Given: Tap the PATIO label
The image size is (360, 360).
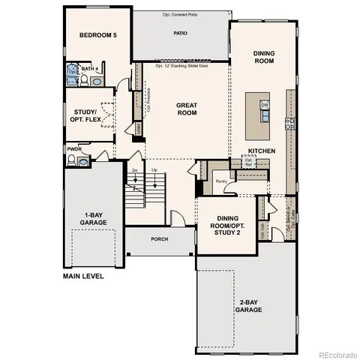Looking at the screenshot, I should coord(180,34).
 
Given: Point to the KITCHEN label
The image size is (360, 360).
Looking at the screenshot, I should coord(262,151).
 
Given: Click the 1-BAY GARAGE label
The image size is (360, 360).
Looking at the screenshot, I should coord(94,218).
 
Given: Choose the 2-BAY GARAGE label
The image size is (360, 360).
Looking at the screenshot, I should coord(248,305).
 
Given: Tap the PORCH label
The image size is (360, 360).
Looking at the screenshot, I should coord(159,239).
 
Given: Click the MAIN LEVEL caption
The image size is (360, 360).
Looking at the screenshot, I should coord(83,276).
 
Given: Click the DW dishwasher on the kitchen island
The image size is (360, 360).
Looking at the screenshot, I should coord(264,105).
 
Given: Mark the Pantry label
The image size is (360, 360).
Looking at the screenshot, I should coord(220,181).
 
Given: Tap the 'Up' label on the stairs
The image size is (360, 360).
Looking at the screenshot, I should coord(155,170).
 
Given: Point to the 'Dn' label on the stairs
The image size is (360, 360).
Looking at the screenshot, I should coord(135,170).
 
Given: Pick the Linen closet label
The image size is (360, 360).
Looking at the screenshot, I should coord(139,129).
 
